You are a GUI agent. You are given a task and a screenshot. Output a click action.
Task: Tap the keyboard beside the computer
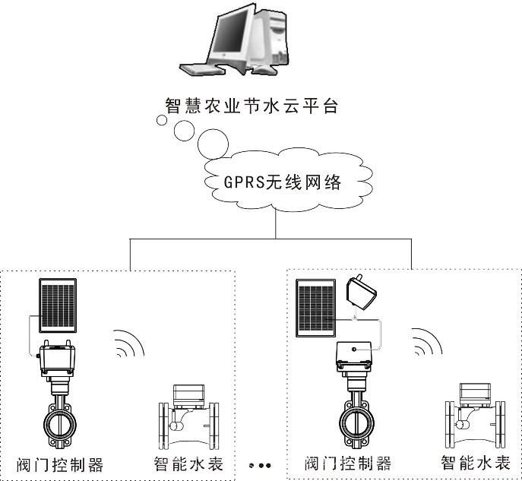pos(202,68)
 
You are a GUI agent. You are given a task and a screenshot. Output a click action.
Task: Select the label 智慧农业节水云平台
pos(252,106)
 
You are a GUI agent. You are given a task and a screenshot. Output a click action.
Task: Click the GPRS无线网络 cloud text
pos(283,182)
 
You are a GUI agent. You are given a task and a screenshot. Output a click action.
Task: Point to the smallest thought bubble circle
pos(162,120)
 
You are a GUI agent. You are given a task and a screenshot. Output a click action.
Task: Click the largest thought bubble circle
pos(213,144)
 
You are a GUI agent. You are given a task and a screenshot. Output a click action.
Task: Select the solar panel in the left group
pos(58,305)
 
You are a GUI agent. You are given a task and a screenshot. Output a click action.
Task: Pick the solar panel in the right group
pos(315,308)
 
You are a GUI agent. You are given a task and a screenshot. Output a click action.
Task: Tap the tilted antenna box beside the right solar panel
pos(361,292)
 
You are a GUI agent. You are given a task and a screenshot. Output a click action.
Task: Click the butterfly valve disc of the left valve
pos(60,425)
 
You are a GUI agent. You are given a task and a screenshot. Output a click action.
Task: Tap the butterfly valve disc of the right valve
pos(356,424)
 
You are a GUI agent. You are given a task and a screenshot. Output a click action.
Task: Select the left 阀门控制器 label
pos(60,465)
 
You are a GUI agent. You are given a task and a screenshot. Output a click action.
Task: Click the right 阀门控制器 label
pos(348,464)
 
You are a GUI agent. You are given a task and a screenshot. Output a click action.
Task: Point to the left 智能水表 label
pos(188,464)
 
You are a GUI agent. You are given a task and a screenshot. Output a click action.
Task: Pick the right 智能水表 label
pos(476,463)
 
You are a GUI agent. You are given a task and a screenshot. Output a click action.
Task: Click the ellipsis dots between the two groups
pos(260,465)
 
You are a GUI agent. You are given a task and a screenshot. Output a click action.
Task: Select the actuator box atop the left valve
pos(56,359)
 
